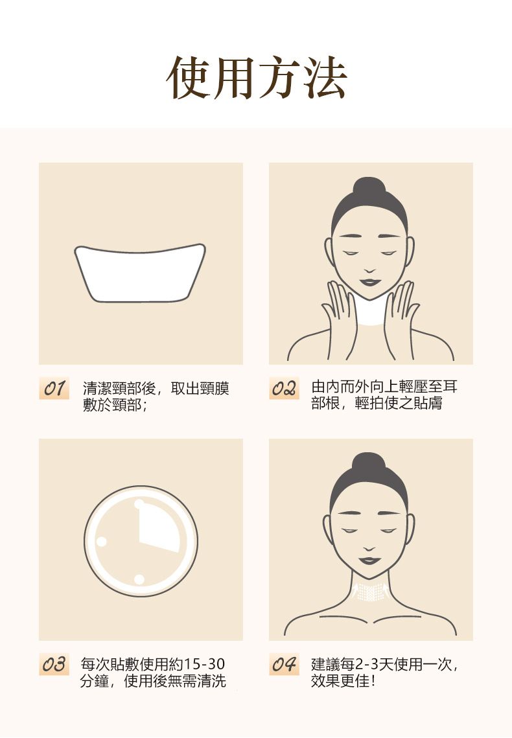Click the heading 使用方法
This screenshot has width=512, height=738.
point(257,78)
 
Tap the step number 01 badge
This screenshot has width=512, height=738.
point(54,388)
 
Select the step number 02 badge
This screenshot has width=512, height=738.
point(284,388)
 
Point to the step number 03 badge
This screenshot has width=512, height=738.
point(54,664)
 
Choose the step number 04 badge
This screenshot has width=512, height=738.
point(284,664)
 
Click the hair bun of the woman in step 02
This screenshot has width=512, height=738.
point(369,187)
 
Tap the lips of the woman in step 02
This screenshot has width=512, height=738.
point(370,282)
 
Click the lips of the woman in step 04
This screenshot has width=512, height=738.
point(370,560)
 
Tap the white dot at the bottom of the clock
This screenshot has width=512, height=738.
point(139,579)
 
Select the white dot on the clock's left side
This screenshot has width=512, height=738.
point(101,541)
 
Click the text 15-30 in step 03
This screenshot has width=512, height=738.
point(204,664)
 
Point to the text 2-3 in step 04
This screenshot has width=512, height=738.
point(366,664)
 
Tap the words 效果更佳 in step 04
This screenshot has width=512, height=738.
point(340,680)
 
